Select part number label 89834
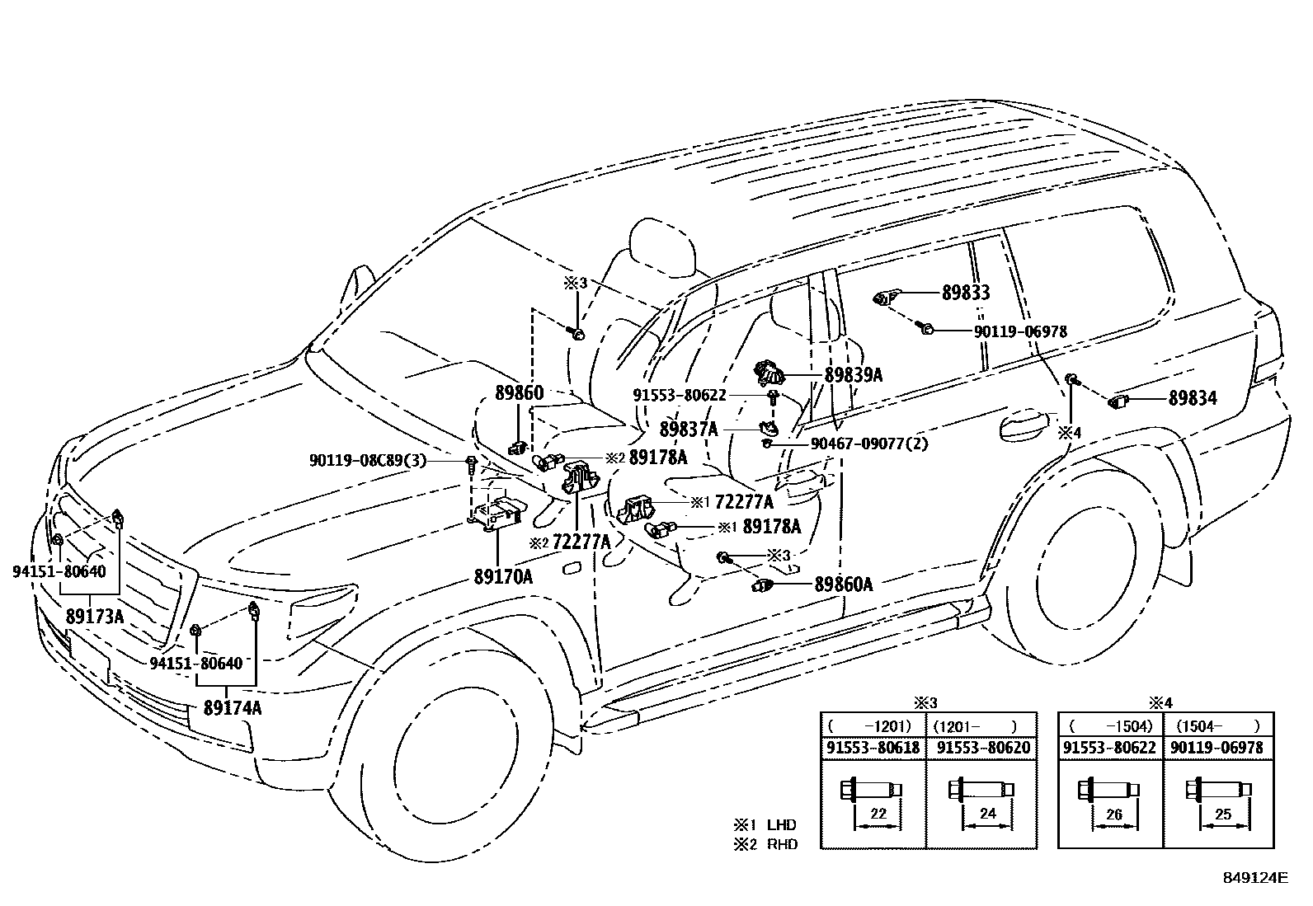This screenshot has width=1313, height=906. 1192,399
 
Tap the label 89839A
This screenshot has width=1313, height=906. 854,375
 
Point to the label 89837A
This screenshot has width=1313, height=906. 689,430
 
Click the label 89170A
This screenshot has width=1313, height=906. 502,577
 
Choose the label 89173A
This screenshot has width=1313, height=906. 95,616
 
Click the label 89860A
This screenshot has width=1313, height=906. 843,584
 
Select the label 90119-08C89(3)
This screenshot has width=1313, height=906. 368,461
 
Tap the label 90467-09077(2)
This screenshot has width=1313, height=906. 869,444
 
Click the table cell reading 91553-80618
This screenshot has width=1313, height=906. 873,749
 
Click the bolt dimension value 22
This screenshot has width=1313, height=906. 878,814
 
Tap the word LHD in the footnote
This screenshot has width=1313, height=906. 781,824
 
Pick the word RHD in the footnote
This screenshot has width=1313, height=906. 781,844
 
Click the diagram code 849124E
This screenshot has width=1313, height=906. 1254,878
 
